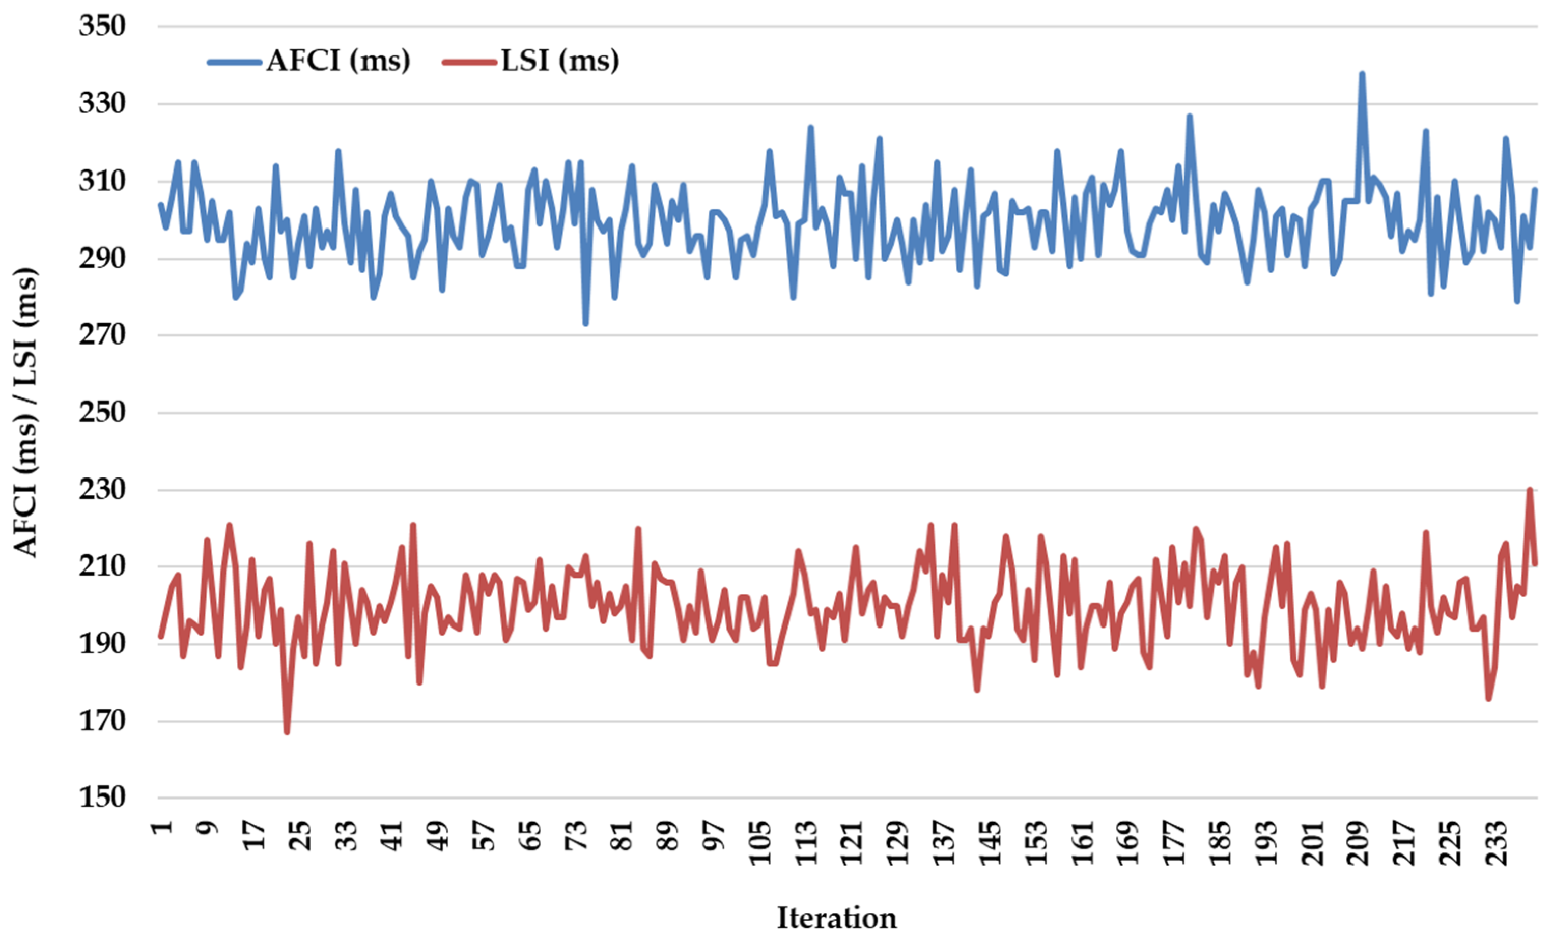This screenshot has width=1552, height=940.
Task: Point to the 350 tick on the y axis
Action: [102, 26]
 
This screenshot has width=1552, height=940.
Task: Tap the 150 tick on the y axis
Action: [102, 797]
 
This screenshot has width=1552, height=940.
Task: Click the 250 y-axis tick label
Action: [102, 412]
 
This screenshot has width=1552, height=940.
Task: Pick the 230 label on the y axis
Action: [102, 490]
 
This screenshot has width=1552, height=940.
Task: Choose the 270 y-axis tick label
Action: [102, 335]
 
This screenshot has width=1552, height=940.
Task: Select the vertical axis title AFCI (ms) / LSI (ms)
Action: [26, 412]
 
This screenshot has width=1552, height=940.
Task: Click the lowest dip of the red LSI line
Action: [287, 733]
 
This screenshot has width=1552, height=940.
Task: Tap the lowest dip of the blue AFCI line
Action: [586, 324]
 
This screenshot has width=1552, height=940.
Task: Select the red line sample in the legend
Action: [469, 62]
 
